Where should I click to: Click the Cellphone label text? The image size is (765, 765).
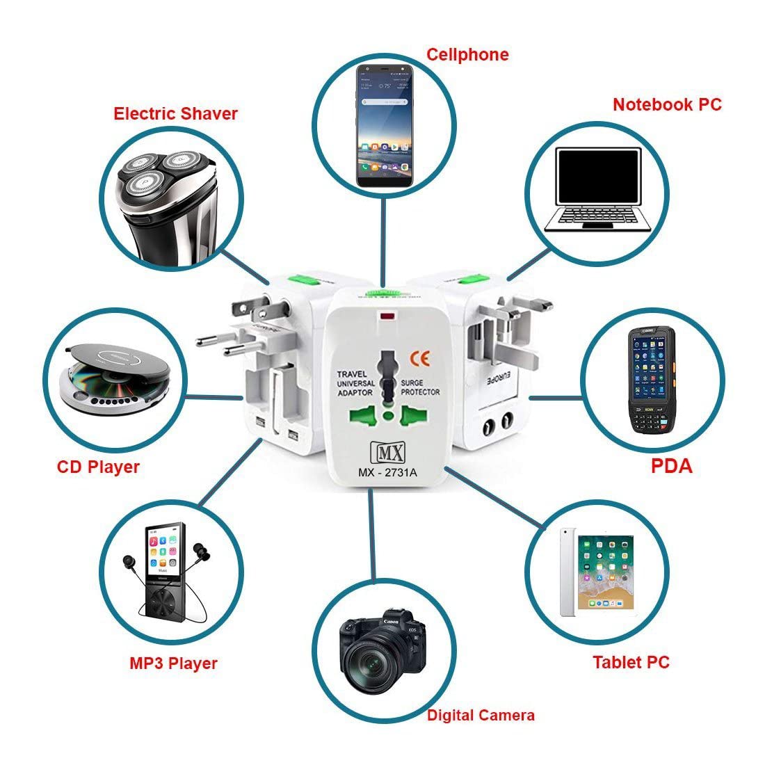tap(467, 54)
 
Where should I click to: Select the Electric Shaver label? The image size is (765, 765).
tap(176, 113)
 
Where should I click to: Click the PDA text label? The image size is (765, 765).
tap(672, 465)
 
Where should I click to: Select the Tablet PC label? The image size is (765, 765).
tap(631, 661)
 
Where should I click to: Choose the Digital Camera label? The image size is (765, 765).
tap(481, 714)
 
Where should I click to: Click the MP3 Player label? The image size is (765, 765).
tap(173, 663)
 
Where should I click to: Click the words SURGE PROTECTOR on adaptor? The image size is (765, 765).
tap(420, 387)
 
